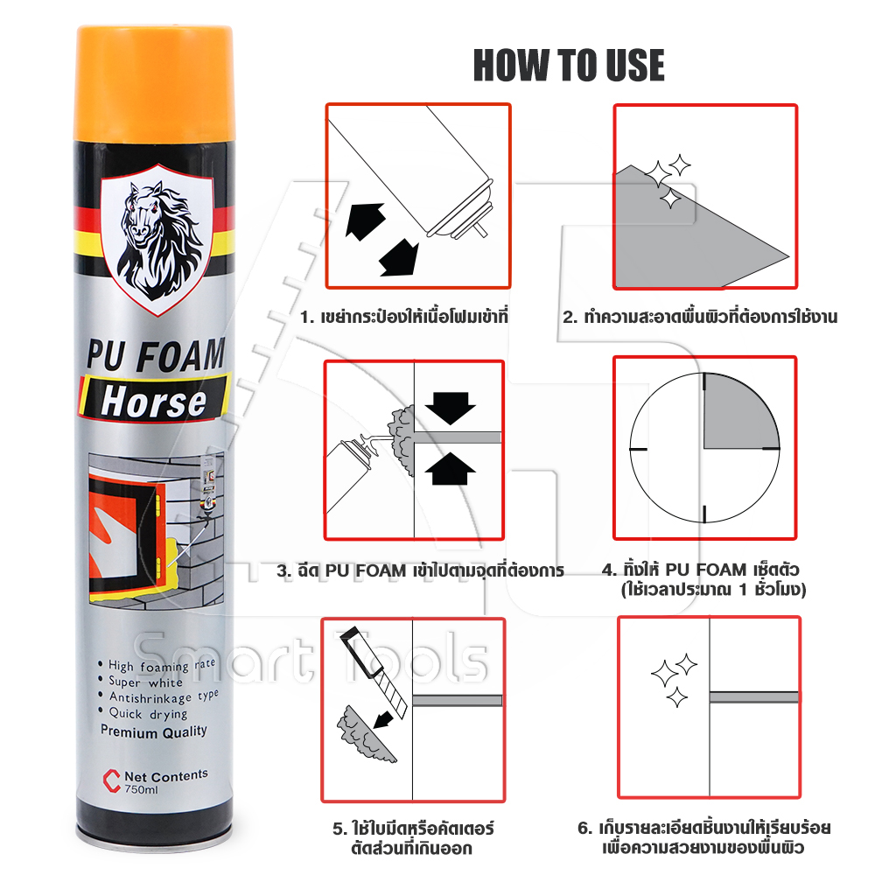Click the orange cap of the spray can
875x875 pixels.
click(x=153, y=84)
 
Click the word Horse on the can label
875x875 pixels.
click(x=153, y=402)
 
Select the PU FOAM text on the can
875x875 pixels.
click(x=156, y=355)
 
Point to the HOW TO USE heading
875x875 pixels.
click(x=569, y=66)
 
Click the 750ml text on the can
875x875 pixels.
click(x=141, y=789)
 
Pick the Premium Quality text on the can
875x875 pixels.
click(x=153, y=731)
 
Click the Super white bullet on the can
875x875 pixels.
click(x=141, y=682)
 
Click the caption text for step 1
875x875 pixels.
click(x=404, y=317)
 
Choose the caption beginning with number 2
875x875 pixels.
click(x=700, y=317)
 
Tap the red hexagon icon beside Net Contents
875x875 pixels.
click(x=112, y=780)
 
